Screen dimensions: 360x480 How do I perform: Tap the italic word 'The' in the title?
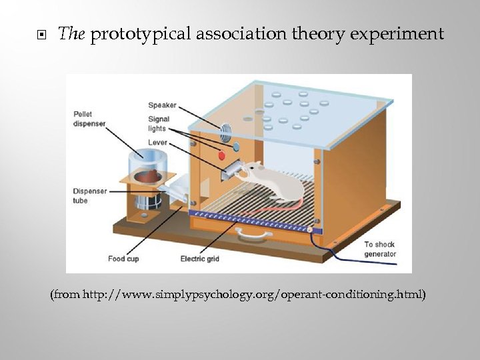point(69,34)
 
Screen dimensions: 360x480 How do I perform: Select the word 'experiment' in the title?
point(403,34)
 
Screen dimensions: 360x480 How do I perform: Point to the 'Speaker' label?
point(162,105)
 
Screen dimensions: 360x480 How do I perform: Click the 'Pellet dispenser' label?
point(89,119)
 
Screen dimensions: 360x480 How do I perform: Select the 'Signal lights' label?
point(159,124)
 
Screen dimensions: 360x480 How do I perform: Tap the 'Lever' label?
point(157,143)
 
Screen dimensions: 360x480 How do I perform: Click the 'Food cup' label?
point(123,259)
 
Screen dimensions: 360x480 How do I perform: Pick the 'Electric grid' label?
point(200,259)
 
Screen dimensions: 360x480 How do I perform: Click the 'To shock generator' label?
point(380,249)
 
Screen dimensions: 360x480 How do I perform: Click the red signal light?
point(223,155)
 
